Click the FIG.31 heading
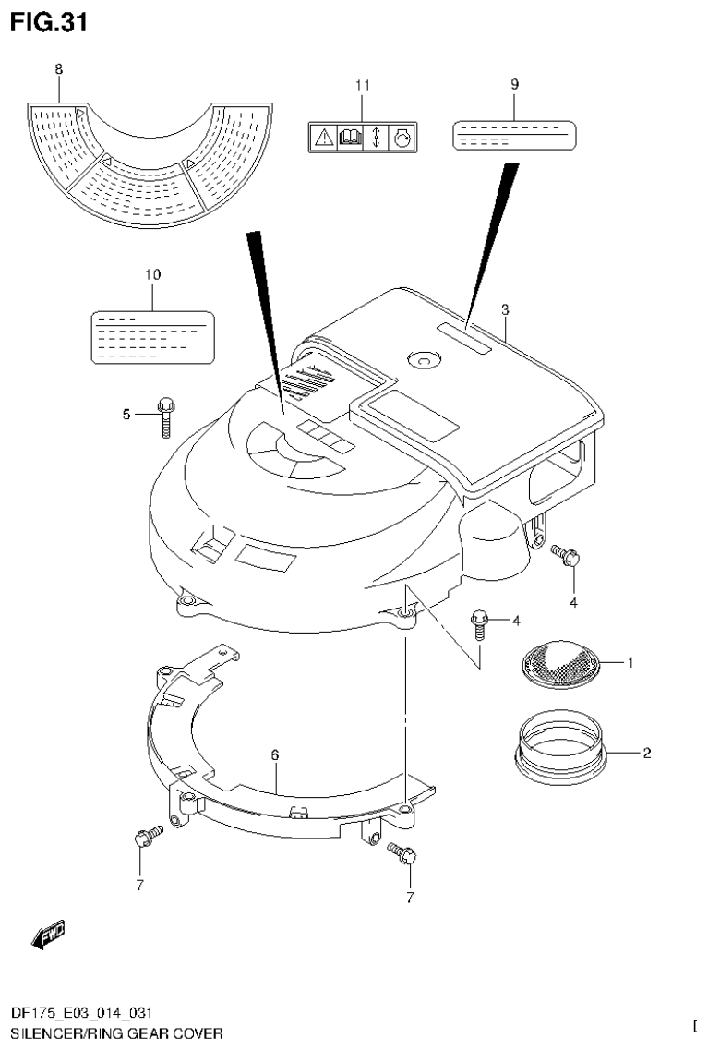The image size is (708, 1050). (49, 22)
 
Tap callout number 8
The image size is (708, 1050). (59, 69)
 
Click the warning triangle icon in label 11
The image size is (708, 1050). (322, 139)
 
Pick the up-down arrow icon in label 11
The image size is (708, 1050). (377, 139)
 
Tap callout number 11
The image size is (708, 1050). (362, 85)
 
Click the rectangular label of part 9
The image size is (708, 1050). (513, 135)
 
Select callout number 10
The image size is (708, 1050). (152, 274)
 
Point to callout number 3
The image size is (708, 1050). (505, 309)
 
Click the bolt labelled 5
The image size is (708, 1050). (166, 416)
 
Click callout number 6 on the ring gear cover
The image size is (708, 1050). (275, 755)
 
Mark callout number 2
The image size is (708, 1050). (646, 753)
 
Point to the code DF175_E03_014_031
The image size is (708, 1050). (76, 1014)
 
